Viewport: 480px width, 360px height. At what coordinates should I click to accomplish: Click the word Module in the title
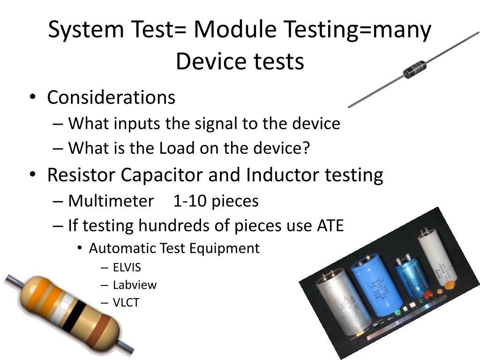[235, 30]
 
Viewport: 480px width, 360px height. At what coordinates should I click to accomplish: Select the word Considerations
[111, 97]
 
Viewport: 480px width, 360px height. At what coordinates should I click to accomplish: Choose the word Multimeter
[111, 201]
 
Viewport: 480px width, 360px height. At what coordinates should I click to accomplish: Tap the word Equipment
[225, 248]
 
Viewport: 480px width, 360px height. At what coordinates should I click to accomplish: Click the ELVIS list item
[127, 267]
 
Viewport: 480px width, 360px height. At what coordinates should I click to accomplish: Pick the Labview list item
[135, 285]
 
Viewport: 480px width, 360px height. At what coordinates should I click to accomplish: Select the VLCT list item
[126, 302]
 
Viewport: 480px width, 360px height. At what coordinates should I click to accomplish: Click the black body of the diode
[414, 69]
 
